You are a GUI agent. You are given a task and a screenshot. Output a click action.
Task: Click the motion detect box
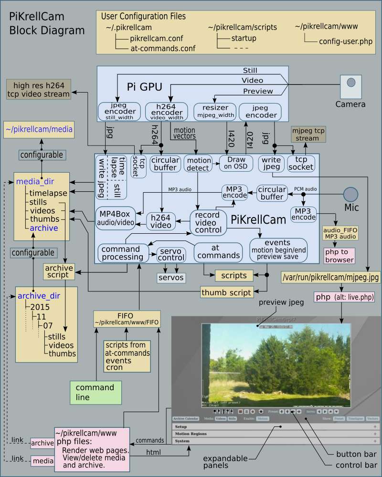pos(198,163)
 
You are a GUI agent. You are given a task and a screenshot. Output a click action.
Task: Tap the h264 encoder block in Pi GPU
pos(163,112)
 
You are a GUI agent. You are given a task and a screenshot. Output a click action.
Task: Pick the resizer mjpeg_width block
pos(216,111)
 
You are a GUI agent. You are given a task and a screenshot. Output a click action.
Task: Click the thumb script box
pos(226,292)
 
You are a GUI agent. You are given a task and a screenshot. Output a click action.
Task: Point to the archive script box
pos(59,271)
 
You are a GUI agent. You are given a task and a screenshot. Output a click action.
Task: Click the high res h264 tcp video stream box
pos(39,90)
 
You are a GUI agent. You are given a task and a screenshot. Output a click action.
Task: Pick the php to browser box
pos(339,256)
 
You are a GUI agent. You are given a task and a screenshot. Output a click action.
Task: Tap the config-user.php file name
pos(346,41)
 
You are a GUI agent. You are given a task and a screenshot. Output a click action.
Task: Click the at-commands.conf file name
pos(162,48)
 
